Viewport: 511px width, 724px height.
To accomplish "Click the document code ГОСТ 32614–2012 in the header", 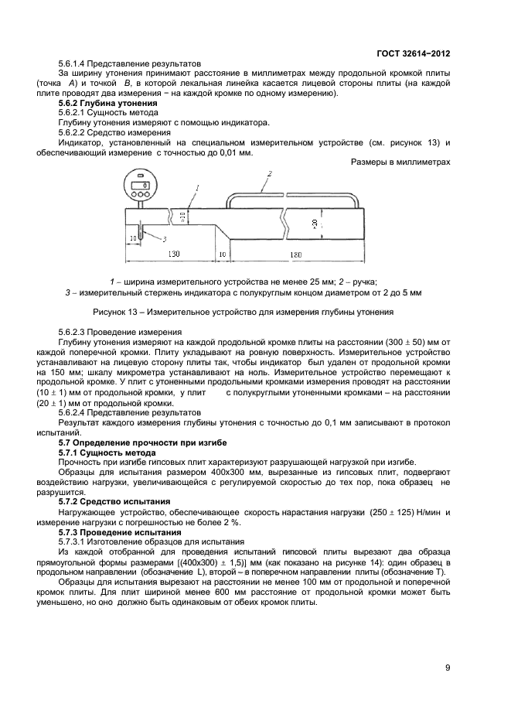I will pyautogui.click(x=413, y=53).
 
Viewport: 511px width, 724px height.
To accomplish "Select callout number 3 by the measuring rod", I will pyautogui.click(x=164, y=239).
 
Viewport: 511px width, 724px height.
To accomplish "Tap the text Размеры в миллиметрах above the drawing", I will pyautogui.click(x=400, y=163).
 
